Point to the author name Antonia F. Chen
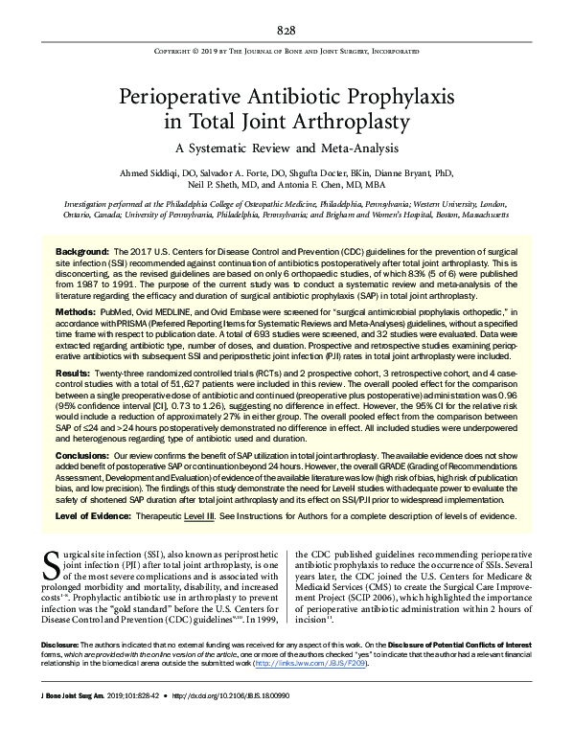click(x=364, y=185)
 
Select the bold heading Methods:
click(x=76, y=312)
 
